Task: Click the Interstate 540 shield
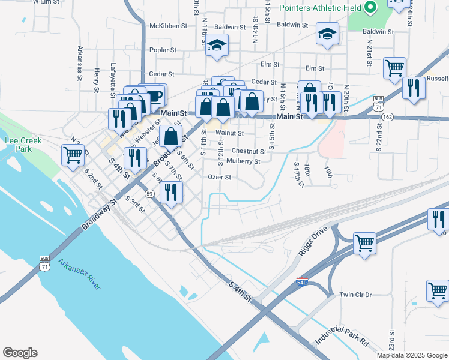pos(301,281)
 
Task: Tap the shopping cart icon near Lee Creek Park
pos(73,155)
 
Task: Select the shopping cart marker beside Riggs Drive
pos(365,244)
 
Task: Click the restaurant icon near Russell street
pos(414,87)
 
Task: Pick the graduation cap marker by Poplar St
pos(217,46)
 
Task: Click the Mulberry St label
pos(243,161)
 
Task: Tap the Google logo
pos(20,353)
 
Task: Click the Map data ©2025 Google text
pos(411,355)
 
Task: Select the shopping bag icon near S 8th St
pos(171,136)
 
